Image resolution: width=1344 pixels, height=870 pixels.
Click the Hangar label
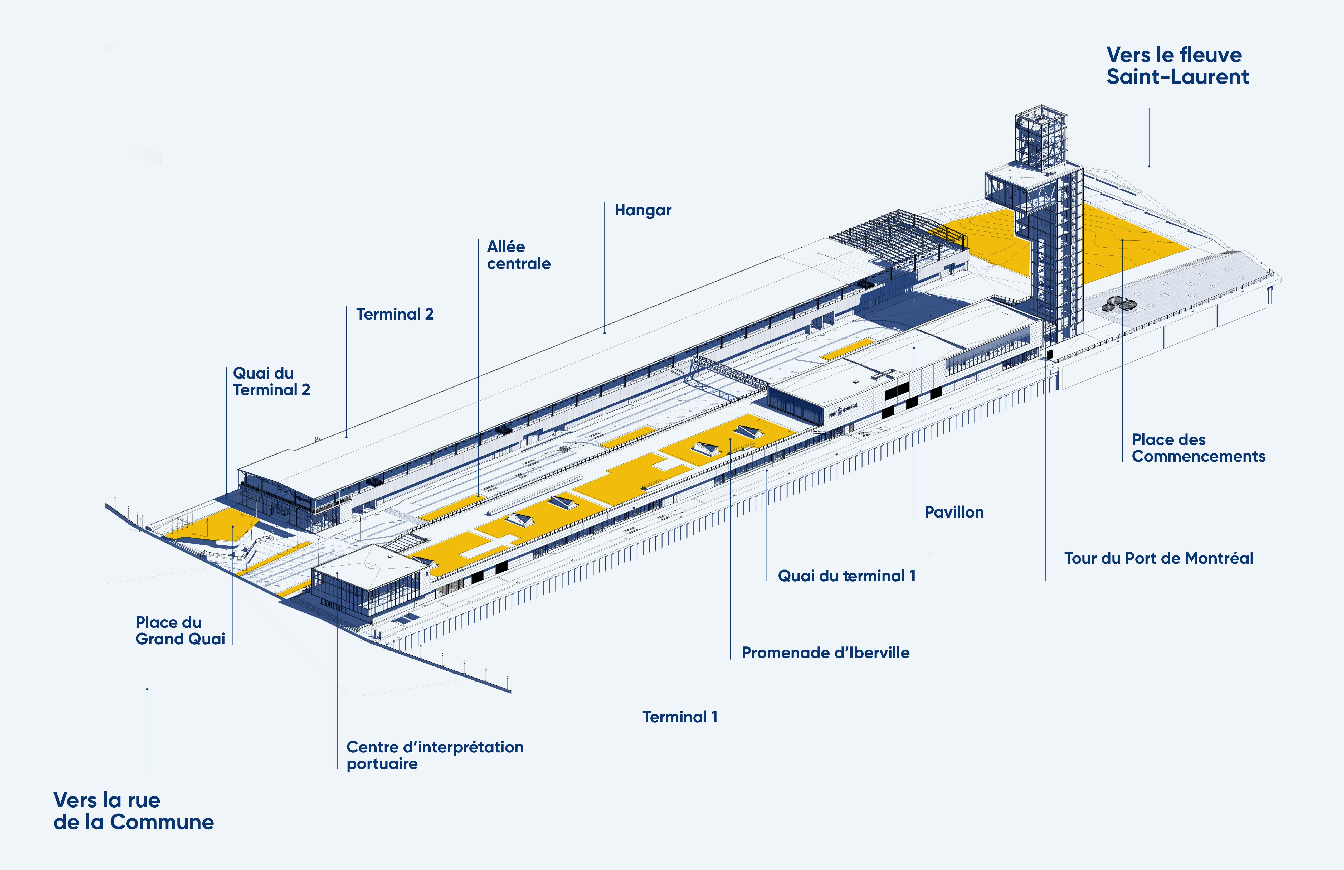[x=643, y=210]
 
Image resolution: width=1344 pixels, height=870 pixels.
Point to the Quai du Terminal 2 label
[x=271, y=381]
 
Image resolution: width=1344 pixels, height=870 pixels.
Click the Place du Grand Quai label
[x=179, y=630]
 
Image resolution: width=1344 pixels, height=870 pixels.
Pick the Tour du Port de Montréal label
[x=1158, y=558]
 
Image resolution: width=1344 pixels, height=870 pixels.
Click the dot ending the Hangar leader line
[x=604, y=333]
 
